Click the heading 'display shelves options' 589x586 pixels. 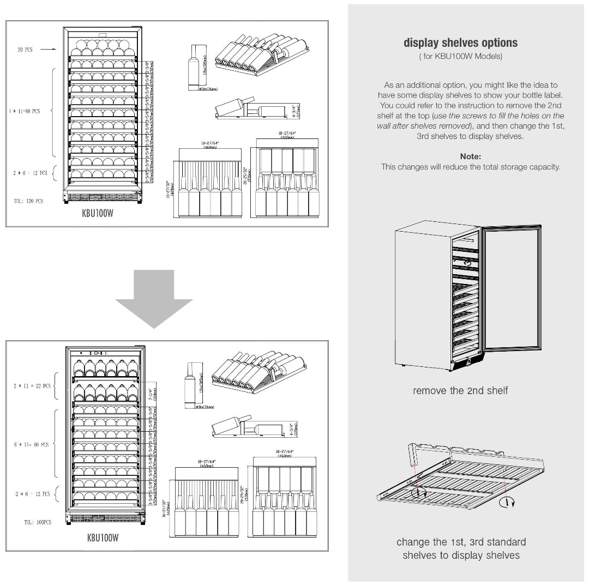[x=460, y=43]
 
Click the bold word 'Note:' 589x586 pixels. [x=470, y=156]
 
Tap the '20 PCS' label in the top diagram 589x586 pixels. [x=25, y=50]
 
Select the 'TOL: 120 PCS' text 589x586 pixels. [x=28, y=201]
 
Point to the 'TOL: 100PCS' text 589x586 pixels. [x=37, y=522]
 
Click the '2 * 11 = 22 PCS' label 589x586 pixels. [x=32, y=386]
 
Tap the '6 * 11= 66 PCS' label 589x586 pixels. [x=32, y=445]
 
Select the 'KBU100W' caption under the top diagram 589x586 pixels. [x=98, y=214]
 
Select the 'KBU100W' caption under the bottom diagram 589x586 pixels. [x=103, y=538]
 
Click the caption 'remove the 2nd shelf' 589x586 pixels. [x=460, y=390]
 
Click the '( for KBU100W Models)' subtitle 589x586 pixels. [x=460, y=57]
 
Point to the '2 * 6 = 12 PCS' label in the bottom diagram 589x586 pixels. [x=32, y=494]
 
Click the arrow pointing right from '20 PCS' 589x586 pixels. [x=49, y=50]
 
